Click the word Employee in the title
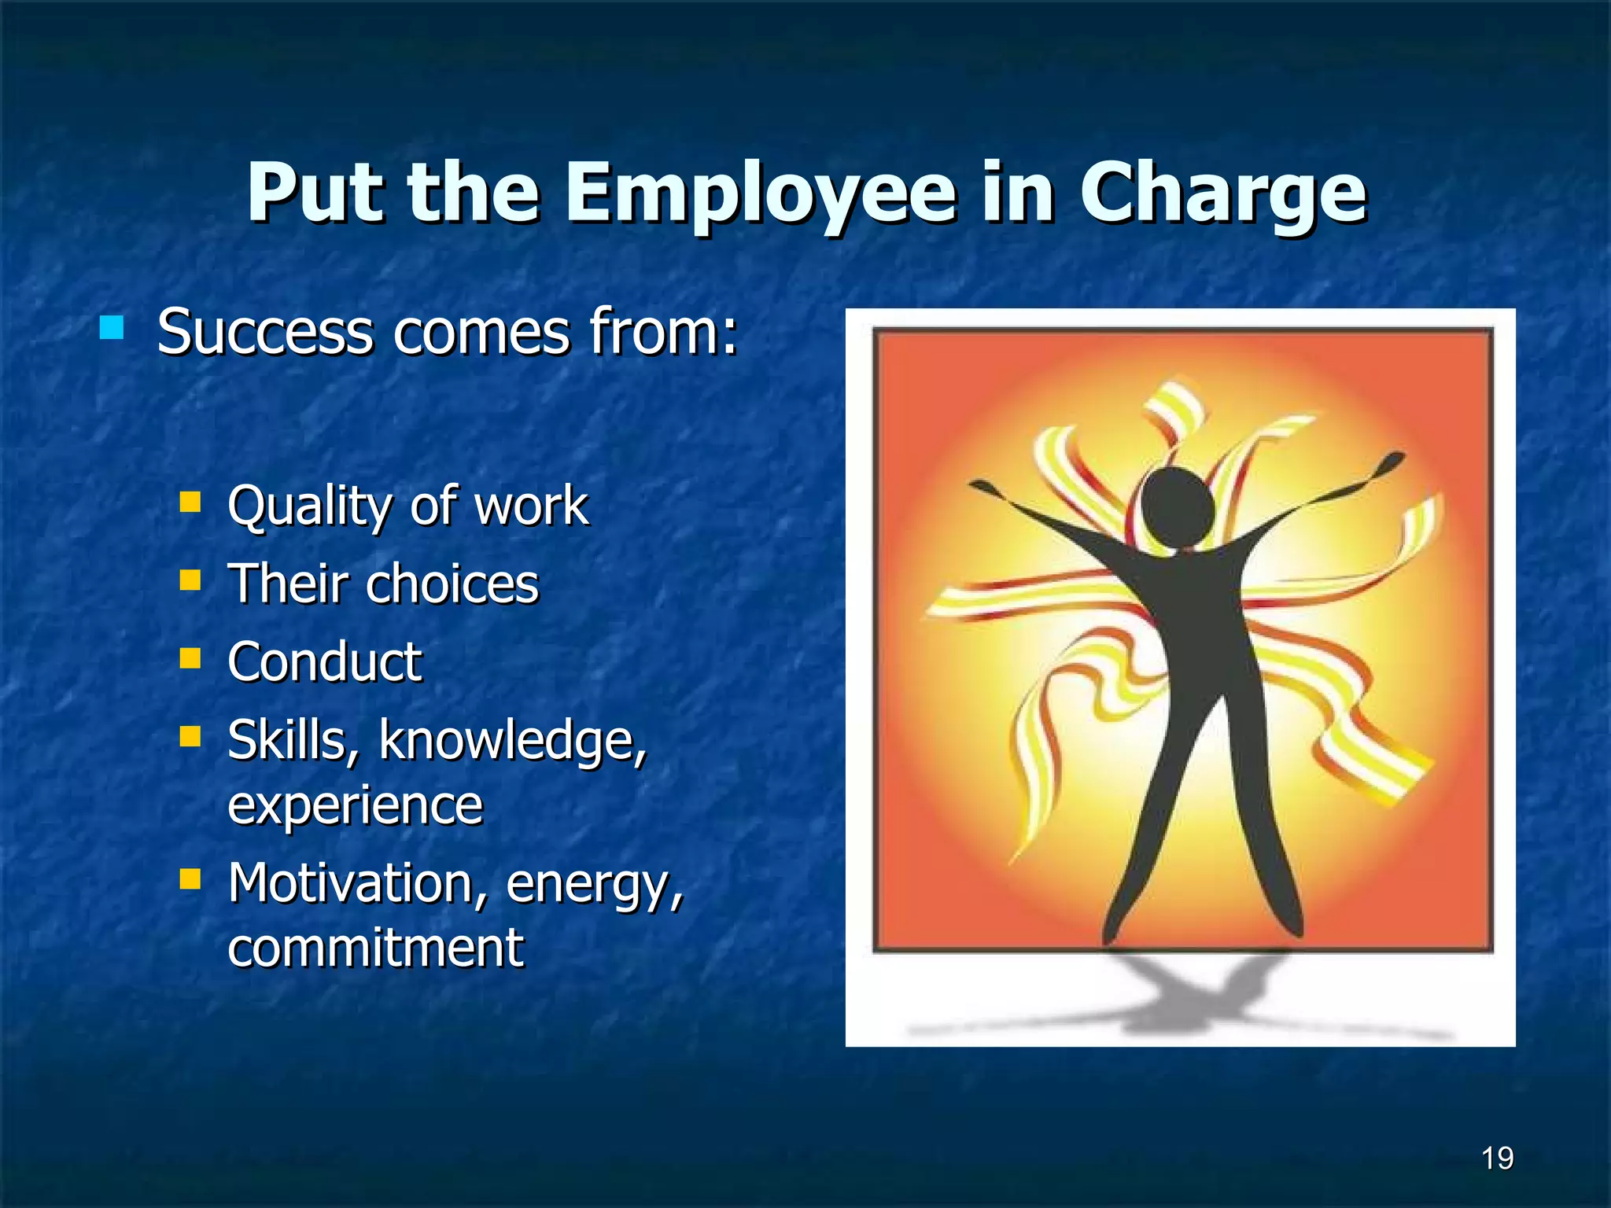point(760,193)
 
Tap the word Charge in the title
point(1222,193)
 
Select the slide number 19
point(1497,1158)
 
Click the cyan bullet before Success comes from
point(112,327)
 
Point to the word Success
point(265,333)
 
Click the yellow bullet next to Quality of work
point(190,502)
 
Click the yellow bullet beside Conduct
point(190,657)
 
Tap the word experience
point(355,806)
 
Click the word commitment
point(375,948)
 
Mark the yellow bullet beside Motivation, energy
point(190,878)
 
